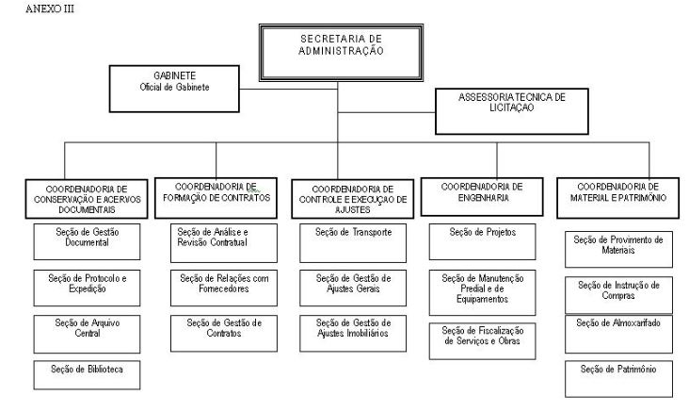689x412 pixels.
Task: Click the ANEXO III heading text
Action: point(50,8)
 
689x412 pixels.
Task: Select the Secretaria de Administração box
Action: point(341,53)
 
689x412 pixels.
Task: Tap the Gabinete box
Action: point(174,89)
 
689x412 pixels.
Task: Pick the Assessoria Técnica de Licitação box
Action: point(512,111)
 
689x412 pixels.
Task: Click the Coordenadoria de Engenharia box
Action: point(482,197)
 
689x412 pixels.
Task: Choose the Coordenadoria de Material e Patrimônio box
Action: point(617,198)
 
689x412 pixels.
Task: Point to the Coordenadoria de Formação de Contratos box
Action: point(216,198)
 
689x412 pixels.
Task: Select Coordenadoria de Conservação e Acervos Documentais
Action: point(87,199)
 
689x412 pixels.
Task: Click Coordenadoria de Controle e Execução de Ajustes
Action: point(352,199)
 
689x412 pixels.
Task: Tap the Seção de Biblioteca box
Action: point(87,375)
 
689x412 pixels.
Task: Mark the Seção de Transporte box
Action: point(353,243)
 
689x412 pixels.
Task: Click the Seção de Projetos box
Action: point(483,241)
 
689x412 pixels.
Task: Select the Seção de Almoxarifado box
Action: point(618,335)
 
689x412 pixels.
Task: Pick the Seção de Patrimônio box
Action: point(618,379)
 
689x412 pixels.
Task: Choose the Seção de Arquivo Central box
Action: point(87,334)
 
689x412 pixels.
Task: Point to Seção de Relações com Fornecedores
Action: point(224,288)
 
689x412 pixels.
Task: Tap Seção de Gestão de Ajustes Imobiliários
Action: point(353,333)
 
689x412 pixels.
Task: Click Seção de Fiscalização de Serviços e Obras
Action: point(483,341)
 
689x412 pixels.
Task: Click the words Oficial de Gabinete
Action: point(174,87)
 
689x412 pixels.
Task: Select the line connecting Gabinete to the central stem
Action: point(288,90)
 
